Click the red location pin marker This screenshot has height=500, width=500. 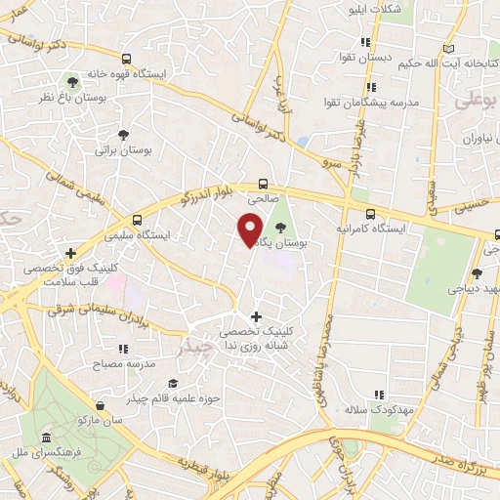pyautogui.click(x=250, y=229)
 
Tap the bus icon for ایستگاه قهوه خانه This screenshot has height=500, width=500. pyautogui.click(x=124, y=58)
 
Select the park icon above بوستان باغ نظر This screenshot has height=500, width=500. pyautogui.click(x=71, y=82)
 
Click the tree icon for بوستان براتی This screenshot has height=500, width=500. pyautogui.click(x=123, y=135)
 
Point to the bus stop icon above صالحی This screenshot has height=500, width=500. pyautogui.click(x=262, y=182)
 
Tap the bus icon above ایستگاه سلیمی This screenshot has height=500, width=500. pyautogui.click(x=137, y=220)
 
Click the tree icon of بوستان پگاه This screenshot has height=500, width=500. pyautogui.click(x=281, y=226)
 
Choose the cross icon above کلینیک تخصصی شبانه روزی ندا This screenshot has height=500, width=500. pyautogui.click(x=256, y=316)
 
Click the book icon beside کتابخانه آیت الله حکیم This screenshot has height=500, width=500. pyautogui.click(x=448, y=49)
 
